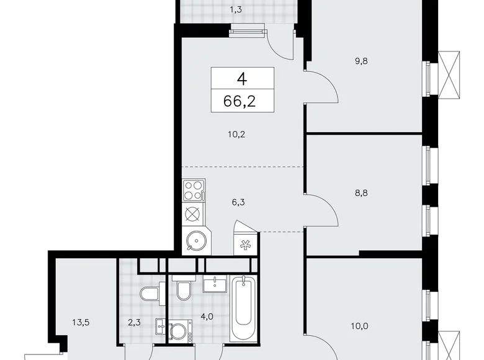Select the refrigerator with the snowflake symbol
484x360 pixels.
[x=243, y=243]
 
